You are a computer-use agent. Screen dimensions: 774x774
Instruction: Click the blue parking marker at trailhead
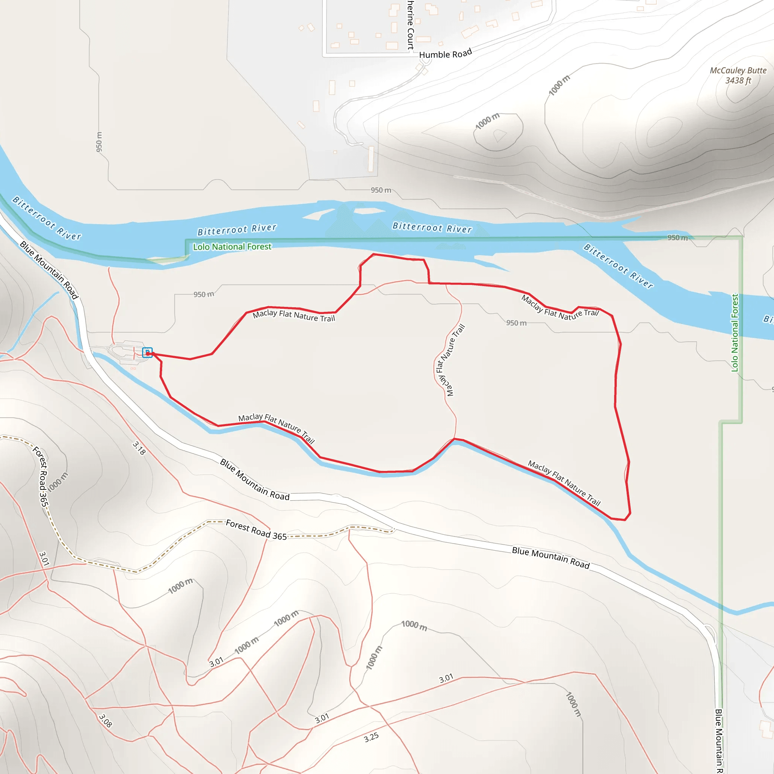147,353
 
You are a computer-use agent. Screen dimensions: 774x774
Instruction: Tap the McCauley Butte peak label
738,75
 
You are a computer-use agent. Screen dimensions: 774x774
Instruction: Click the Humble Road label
445,54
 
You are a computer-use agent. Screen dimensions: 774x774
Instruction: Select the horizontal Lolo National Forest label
232,247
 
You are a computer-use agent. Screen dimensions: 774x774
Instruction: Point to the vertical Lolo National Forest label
735,333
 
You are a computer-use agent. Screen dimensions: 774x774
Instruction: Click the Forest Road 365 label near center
256,529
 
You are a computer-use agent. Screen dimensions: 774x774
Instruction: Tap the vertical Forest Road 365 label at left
41,476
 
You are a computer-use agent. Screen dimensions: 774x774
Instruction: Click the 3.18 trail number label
139,448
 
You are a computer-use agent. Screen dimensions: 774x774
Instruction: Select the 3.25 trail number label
371,737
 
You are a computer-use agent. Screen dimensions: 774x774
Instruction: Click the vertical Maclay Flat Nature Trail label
449,360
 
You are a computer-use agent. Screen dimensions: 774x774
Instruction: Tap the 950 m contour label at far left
99,142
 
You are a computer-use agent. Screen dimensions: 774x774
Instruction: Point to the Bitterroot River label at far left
47,218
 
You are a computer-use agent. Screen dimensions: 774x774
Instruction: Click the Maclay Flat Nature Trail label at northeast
560,308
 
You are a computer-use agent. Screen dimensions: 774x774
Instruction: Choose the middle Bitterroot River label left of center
237,229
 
